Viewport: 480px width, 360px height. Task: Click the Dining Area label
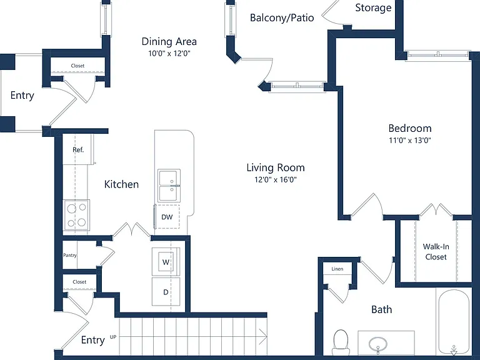pos(169,41)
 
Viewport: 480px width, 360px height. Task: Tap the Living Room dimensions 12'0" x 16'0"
pos(276,179)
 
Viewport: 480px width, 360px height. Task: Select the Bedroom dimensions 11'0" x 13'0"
pos(410,140)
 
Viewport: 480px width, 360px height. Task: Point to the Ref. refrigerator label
pos(78,150)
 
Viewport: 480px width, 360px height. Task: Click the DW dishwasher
pos(167,217)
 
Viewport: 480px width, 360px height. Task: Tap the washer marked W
pos(166,261)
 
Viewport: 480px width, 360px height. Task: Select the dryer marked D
pos(166,292)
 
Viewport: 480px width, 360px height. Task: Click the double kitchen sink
pos(169,185)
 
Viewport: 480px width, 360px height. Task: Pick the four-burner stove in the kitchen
pos(76,215)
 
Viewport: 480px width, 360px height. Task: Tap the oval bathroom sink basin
pos(378,344)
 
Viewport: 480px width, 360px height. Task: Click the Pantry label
pos(70,255)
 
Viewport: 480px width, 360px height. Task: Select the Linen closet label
pos(337,269)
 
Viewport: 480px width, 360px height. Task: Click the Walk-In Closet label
pos(436,252)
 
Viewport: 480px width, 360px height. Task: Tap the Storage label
pos(373,7)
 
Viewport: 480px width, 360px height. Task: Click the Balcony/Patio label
pos(282,17)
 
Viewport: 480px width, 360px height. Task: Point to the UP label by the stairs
pos(113,337)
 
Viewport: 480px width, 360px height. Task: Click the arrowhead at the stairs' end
pos(263,336)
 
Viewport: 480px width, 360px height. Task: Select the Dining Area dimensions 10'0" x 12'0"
pos(169,53)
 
